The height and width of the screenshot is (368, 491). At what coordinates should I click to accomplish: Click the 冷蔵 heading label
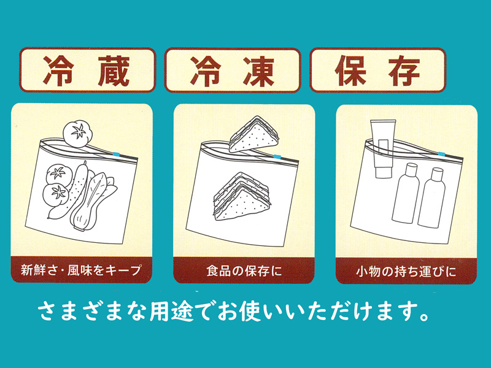pos(87,70)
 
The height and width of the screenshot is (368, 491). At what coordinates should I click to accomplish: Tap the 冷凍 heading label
pos(233,70)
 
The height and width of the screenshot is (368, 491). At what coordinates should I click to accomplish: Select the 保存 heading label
pos(378,70)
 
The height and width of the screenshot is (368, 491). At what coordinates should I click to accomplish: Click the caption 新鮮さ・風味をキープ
pos(81,270)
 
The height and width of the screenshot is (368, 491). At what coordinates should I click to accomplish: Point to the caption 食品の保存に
pos(244,270)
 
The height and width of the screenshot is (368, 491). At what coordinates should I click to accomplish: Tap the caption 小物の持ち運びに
pos(406,271)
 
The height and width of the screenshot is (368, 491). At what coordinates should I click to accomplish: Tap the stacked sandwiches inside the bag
pos(241,196)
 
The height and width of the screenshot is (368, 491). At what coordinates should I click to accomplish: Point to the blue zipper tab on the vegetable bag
pos(117,154)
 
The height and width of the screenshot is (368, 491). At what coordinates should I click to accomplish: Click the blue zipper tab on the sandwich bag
pos(277,156)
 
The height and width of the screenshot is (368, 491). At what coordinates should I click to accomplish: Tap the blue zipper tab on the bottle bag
pos(441,154)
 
